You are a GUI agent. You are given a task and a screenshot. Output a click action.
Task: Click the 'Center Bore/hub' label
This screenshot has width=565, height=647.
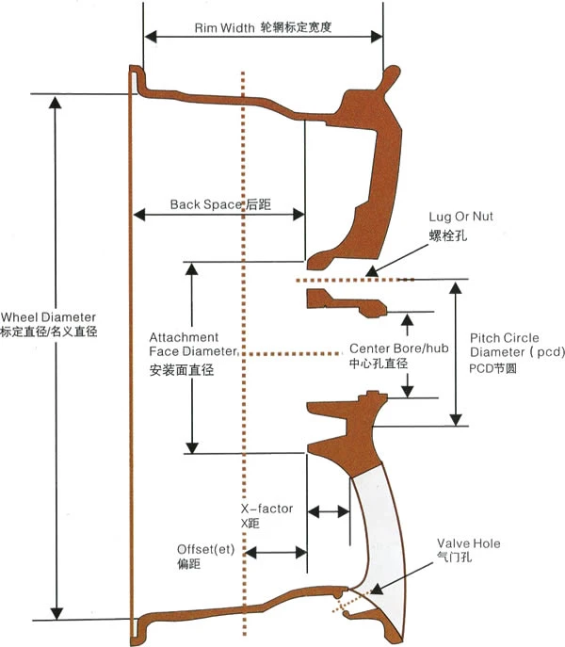click(398, 348)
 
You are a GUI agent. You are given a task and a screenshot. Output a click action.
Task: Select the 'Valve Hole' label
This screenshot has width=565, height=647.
click(468, 543)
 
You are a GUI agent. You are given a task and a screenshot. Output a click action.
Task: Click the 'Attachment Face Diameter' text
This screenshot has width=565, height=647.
click(185, 345)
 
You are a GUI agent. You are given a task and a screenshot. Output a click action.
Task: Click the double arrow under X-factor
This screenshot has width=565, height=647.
click(330, 511)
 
